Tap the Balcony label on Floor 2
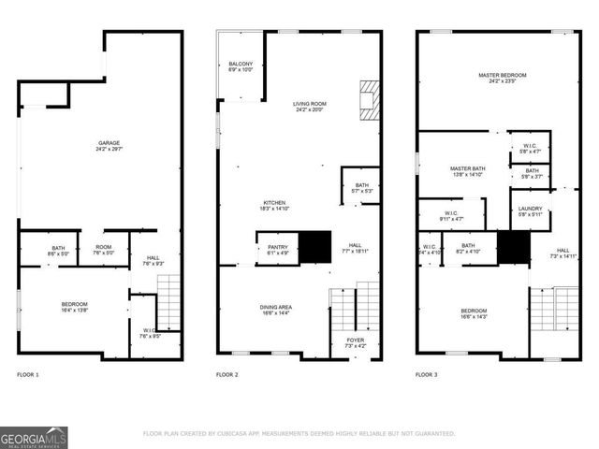(241, 66)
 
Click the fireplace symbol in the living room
(370, 99)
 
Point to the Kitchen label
(273, 206)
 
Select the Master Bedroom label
(502, 78)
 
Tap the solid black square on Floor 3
(514, 247)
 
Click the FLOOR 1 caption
(28, 374)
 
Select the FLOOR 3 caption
(427, 374)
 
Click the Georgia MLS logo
(34, 437)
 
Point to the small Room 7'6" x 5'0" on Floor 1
(103, 250)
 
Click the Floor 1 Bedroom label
(75, 307)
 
